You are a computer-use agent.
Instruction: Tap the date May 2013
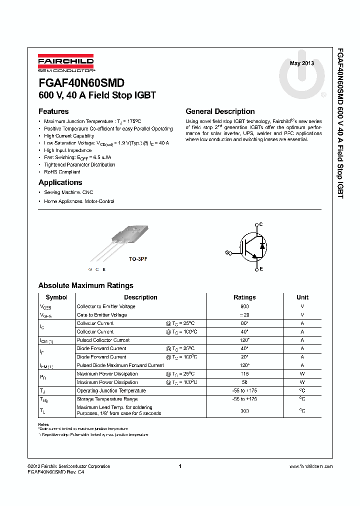coord(302,63)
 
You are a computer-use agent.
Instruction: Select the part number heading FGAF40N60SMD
coord(81,83)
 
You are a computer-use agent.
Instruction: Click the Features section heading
coord(53,111)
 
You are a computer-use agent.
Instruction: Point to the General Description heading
coord(220,111)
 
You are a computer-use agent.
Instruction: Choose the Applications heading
coord(60,182)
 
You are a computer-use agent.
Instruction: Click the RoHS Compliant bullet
coord(62,171)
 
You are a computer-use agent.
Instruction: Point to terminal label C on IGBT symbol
coord(261,224)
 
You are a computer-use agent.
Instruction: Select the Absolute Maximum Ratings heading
coord(85,285)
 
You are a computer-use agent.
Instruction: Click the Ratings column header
coord(244,297)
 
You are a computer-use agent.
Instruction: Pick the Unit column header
coord(302,297)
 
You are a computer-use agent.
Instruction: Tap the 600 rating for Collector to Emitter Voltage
coord(244,306)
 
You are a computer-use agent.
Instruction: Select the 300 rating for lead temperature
coord(244,410)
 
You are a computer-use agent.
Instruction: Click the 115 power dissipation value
coord(244,374)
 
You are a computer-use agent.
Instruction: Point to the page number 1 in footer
coord(179,466)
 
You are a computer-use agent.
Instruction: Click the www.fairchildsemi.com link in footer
coord(311,466)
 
